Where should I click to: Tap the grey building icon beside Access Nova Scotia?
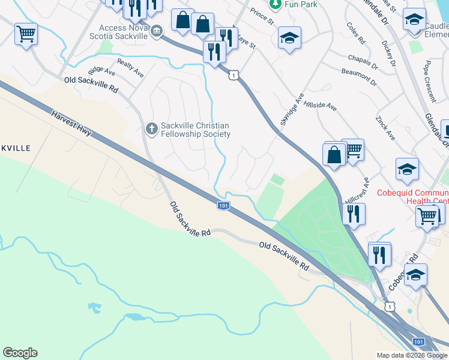(157, 31)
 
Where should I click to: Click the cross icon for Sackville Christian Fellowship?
(151, 128)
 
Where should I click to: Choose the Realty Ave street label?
(131, 68)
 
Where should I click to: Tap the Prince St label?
(262, 17)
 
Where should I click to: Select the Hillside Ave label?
(321, 104)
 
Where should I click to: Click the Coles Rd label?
(356, 34)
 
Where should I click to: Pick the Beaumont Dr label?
(359, 77)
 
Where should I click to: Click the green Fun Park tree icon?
(275, 4)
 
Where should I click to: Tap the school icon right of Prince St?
(289, 38)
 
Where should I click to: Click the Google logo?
(20, 353)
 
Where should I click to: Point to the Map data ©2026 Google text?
(412, 355)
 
